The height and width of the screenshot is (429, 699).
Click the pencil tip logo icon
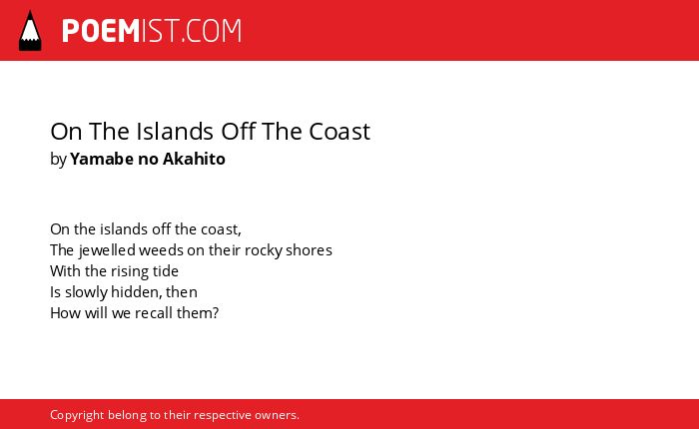pyautogui.click(x=30, y=31)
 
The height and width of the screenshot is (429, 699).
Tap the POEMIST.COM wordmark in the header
pyautogui.click(x=152, y=31)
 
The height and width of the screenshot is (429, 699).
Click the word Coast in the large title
pyautogui.click(x=340, y=132)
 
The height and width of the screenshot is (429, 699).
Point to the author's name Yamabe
pyautogui.click(x=102, y=159)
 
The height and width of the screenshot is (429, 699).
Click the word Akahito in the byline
pyautogui.click(x=194, y=159)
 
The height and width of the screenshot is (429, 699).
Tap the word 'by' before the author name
pyautogui.click(x=58, y=160)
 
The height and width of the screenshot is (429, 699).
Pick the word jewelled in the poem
pyautogui.click(x=107, y=250)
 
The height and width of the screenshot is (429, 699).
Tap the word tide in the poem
pyautogui.click(x=166, y=270)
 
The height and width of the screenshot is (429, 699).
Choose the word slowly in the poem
pyautogui.click(x=87, y=292)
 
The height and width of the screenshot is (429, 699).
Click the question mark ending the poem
pyautogui.click(x=216, y=312)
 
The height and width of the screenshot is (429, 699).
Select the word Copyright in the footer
pyautogui.click(x=77, y=416)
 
